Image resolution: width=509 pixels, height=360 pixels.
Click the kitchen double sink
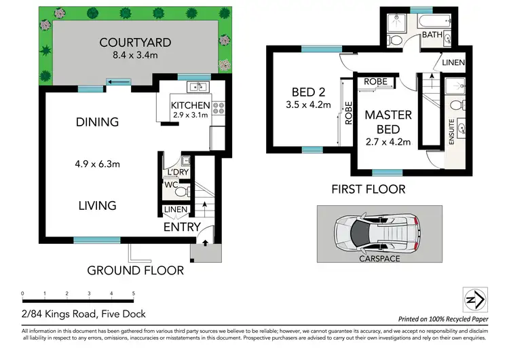click(x=197, y=86)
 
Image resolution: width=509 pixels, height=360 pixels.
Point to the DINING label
click(x=97, y=122)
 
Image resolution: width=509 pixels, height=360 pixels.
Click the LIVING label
click(x=96, y=205)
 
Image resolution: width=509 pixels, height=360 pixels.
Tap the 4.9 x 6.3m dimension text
click(x=97, y=164)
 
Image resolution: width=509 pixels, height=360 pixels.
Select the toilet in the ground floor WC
click(x=181, y=190)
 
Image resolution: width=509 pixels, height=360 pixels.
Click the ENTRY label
click(x=182, y=227)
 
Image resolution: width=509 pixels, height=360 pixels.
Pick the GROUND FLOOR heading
click(x=135, y=270)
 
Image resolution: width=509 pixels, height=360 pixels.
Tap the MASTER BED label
click(x=388, y=122)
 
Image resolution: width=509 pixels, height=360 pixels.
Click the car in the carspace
click(x=379, y=233)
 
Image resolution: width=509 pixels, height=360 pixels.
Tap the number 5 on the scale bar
click(x=133, y=294)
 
